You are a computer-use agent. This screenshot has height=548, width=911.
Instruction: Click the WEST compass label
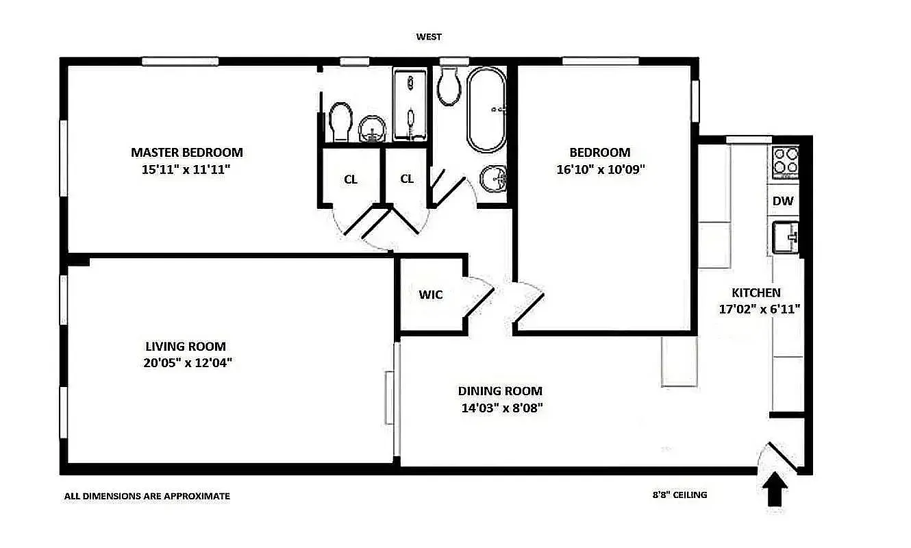[429, 37]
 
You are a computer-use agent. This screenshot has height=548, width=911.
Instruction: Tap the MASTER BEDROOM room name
[186, 152]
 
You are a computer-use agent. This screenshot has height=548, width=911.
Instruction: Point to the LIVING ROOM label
[186, 347]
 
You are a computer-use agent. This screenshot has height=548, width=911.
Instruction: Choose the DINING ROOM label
[500, 391]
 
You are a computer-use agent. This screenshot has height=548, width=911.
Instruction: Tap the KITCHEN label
[756, 292]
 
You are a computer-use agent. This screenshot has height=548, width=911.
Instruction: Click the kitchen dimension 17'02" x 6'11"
[759, 309]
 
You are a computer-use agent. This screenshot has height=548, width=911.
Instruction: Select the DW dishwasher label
[782, 201]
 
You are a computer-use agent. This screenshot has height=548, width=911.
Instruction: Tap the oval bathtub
[486, 110]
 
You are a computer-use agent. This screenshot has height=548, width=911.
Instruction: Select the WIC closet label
[431, 295]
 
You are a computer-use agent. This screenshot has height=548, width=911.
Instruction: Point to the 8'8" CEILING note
[679, 495]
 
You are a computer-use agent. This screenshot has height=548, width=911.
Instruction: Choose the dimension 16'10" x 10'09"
[600, 169]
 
